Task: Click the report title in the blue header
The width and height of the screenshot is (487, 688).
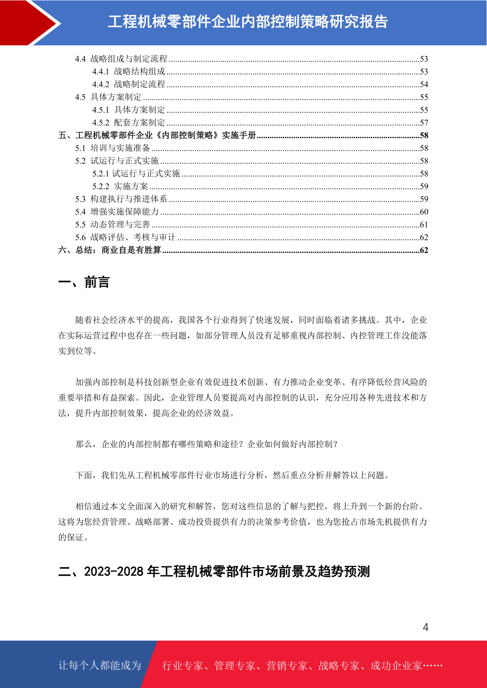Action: tap(248, 22)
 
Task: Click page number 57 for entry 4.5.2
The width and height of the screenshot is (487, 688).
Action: tap(424, 123)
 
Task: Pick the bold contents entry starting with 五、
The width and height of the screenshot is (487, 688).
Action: tap(157, 135)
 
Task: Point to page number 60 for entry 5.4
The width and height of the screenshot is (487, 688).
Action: tap(424, 212)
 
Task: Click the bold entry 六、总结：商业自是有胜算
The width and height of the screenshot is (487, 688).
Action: tap(110, 250)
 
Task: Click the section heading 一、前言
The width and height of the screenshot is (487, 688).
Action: tap(84, 282)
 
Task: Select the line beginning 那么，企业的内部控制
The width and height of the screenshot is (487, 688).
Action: tap(206, 444)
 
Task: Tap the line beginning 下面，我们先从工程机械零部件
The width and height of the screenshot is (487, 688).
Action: tap(232, 475)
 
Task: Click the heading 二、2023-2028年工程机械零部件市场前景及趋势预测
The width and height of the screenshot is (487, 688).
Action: tap(214, 571)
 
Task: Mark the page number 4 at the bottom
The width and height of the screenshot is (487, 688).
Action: tap(425, 627)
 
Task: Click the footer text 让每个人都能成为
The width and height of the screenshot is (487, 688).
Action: tap(100, 666)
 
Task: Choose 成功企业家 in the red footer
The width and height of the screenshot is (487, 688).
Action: tap(396, 666)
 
